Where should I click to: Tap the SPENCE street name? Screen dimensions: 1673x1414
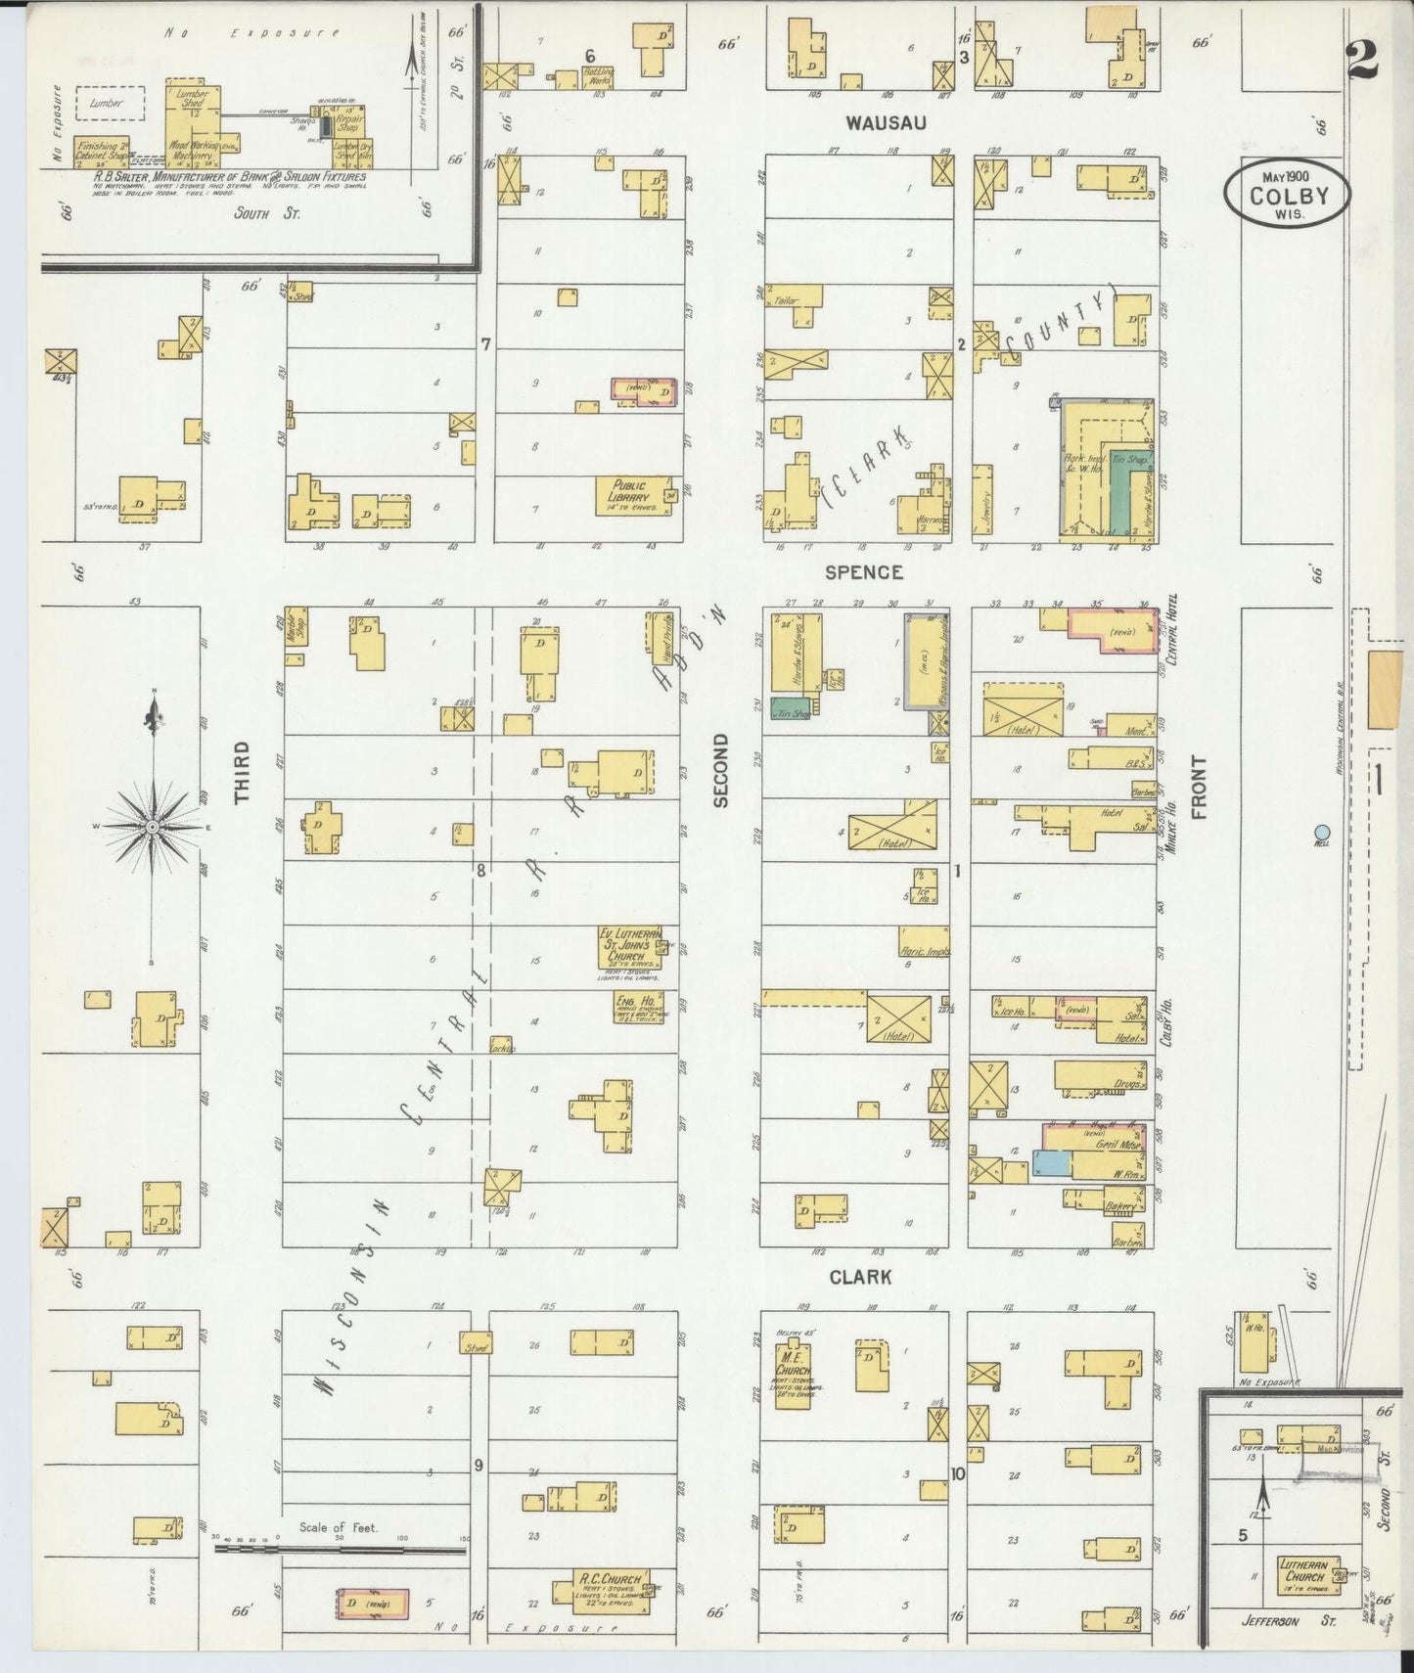click(862, 572)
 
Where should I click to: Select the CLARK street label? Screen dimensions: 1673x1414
click(860, 1277)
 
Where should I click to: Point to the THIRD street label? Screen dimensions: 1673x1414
click(243, 773)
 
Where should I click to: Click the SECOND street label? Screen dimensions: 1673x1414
click(721, 771)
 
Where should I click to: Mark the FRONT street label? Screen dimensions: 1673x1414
click(1199, 788)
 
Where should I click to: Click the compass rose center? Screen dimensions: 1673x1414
click(153, 828)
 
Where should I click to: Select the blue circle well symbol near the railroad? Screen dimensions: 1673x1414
click(1322, 834)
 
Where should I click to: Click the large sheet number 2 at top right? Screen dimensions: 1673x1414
click(1360, 58)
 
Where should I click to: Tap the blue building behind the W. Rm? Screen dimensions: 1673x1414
click(1050, 1162)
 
